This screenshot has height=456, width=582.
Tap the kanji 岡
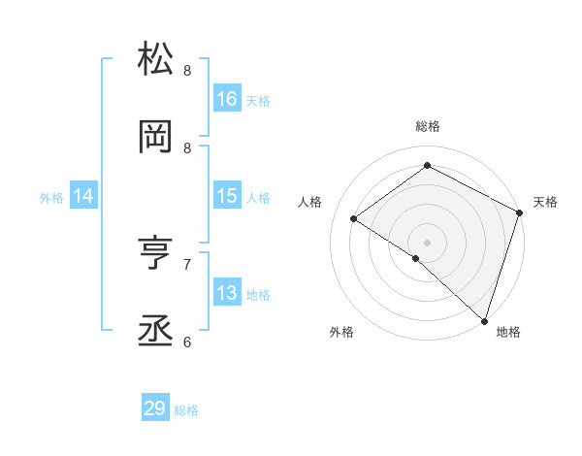tap(155, 137)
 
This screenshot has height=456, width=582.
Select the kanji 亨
tap(155, 254)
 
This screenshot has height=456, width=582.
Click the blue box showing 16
tap(227, 98)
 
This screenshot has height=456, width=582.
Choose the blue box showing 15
tap(227, 196)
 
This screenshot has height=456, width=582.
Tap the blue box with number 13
tap(227, 293)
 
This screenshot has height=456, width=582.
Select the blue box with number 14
tap(83, 196)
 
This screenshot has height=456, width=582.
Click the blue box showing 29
tap(155, 408)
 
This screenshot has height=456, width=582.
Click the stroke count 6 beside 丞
tap(187, 342)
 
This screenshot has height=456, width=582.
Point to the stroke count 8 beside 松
tap(187, 70)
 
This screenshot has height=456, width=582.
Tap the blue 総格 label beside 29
tap(186, 410)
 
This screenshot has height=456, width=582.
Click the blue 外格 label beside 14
tap(51, 198)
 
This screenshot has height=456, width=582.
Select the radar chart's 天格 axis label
tap(545, 202)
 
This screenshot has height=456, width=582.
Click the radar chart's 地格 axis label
tap(508, 332)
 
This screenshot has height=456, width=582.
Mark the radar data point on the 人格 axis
tap(354, 219)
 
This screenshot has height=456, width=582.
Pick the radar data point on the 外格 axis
tap(416, 258)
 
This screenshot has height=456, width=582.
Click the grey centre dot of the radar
tap(427, 242)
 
